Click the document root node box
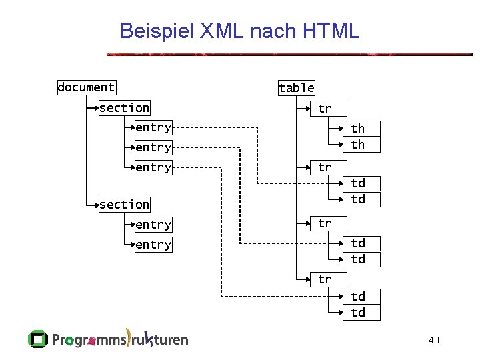tap(86, 87)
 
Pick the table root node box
tap(297, 87)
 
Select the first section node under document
tap(124, 107)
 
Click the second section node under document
tap(124, 205)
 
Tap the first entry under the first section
tap(153, 127)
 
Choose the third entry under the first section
tap(153, 167)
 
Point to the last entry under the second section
tap(153, 245)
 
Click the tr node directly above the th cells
tap(324, 108)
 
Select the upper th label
tap(358, 129)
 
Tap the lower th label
tap(358, 145)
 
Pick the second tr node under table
tap(324, 167)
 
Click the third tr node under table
tap(324, 223)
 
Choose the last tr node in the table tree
tap(324, 279)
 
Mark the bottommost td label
tap(358, 313)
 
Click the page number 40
tap(433, 341)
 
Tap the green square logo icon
tap(38, 339)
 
